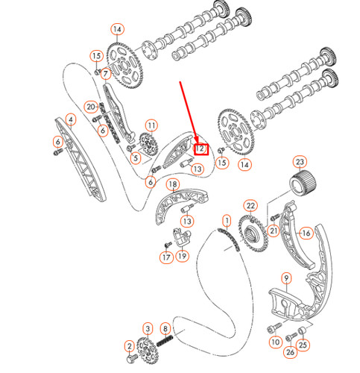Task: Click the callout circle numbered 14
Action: [116, 30]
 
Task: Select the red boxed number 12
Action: [200, 148]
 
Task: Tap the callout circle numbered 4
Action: [70, 119]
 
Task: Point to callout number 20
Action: [89, 106]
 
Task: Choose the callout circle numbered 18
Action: [172, 184]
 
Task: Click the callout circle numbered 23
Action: [300, 162]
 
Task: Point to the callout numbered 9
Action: [285, 279]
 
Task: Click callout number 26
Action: [290, 351]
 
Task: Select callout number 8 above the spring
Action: [165, 329]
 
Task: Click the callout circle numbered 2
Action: [129, 345]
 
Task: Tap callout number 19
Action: [182, 257]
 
